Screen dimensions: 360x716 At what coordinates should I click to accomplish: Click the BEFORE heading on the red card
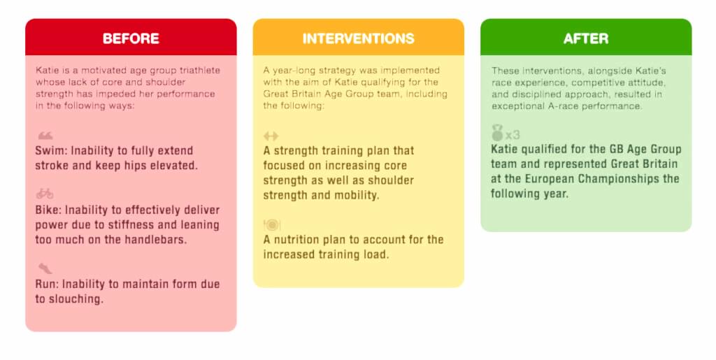click(x=131, y=38)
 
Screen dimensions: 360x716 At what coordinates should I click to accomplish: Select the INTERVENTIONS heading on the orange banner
click(x=358, y=38)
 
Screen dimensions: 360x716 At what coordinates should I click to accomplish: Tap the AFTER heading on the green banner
click(x=586, y=38)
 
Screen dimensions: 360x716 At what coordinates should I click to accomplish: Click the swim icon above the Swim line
click(x=45, y=136)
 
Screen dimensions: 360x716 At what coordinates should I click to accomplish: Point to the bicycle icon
click(x=45, y=194)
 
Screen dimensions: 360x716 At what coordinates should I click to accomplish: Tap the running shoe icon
click(x=45, y=268)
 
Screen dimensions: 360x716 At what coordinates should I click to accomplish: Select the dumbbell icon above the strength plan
click(x=271, y=136)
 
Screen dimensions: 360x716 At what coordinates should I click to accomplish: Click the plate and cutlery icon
click(x=271, y=224)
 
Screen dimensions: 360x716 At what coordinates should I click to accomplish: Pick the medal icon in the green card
click(x=497, y=133)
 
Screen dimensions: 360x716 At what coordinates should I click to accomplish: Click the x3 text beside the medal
click(x=513, y=135)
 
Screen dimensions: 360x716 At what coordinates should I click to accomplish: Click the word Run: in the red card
click(x=47, y=285)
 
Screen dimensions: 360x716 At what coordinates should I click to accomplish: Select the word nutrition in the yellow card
click(x=296, y=240)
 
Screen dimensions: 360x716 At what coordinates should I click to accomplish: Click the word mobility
click(x=354, y=195)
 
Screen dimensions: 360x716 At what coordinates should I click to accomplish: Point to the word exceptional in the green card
click(x=517, y=106)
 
